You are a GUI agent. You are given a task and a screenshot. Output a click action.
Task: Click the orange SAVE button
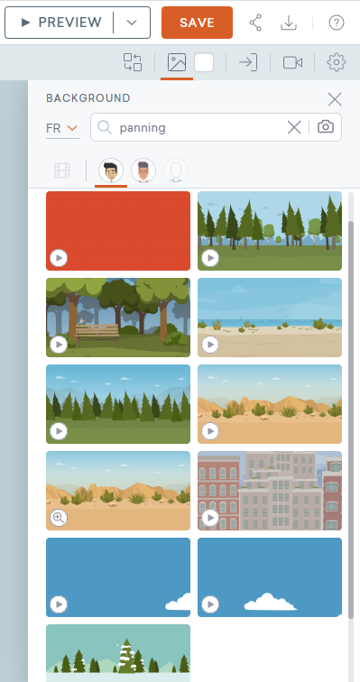coord(197,23)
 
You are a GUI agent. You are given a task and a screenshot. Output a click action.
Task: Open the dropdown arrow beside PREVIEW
coord(132,23)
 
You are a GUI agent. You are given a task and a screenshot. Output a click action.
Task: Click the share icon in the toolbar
coord(255,23)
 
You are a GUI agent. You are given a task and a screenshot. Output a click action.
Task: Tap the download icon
coord(289,23)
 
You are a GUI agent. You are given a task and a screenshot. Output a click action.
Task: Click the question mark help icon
coord(337,23)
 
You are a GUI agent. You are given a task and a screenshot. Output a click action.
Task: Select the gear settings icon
coord(336,62)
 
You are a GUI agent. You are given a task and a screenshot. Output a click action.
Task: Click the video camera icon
coord(292,62)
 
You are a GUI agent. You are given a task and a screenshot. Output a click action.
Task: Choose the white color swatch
coord(204,62)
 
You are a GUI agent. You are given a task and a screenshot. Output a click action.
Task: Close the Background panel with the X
coord(335,99)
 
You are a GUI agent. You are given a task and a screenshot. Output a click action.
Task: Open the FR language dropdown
coord(62,128)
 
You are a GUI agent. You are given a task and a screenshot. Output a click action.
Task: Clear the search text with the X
coord(294,127)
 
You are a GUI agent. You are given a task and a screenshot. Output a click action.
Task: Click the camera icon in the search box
coord(326,127)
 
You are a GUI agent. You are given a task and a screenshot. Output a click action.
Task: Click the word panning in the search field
coord(143,128)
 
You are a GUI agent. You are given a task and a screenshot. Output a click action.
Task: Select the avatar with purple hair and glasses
coord(143,170)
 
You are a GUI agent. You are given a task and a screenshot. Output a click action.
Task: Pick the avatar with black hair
coord(111,170)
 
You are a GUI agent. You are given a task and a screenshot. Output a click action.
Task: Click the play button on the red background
coord(59,258)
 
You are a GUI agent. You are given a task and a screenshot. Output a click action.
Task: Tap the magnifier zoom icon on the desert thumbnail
coord(59,518)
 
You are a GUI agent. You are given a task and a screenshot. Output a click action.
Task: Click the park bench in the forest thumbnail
coord(97,333)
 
